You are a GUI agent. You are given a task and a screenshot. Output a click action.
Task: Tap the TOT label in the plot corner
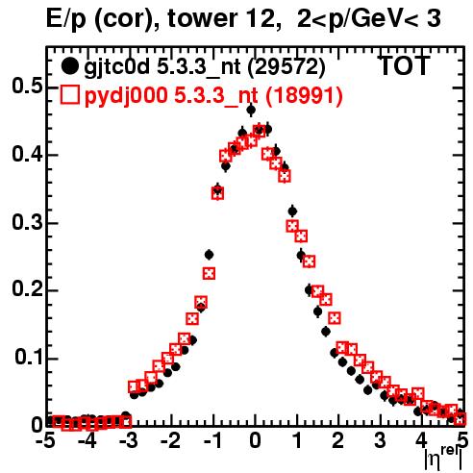(405, 65)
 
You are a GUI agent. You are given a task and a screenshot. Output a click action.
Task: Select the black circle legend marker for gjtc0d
(69, 66)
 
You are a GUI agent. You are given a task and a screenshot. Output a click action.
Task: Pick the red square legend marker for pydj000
(69, 95)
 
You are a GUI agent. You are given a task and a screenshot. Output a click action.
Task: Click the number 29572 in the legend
(287, 67)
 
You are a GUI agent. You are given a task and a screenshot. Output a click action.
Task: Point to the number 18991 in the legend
(305, 95)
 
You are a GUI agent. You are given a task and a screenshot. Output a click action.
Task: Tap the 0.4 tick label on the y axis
(27, 154)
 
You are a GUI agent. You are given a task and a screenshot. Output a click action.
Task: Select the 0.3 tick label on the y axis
(27, 222)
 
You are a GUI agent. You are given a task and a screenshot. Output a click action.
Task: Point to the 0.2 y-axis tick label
(27, 289)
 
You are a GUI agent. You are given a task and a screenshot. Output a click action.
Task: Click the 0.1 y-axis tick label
(29, 358)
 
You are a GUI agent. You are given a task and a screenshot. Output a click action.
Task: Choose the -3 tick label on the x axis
(128, 440)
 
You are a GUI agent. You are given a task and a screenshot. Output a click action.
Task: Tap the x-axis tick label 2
(338, 440)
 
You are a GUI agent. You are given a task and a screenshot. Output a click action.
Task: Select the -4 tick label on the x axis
(86, 440)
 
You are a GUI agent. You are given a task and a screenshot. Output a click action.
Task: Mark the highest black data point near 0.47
(251, 110)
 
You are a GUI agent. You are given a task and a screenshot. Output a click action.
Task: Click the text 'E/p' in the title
(65, 19)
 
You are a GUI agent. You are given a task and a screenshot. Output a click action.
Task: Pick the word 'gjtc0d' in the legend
(116, 68)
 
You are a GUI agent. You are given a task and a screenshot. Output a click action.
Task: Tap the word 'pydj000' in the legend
(126, 96)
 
